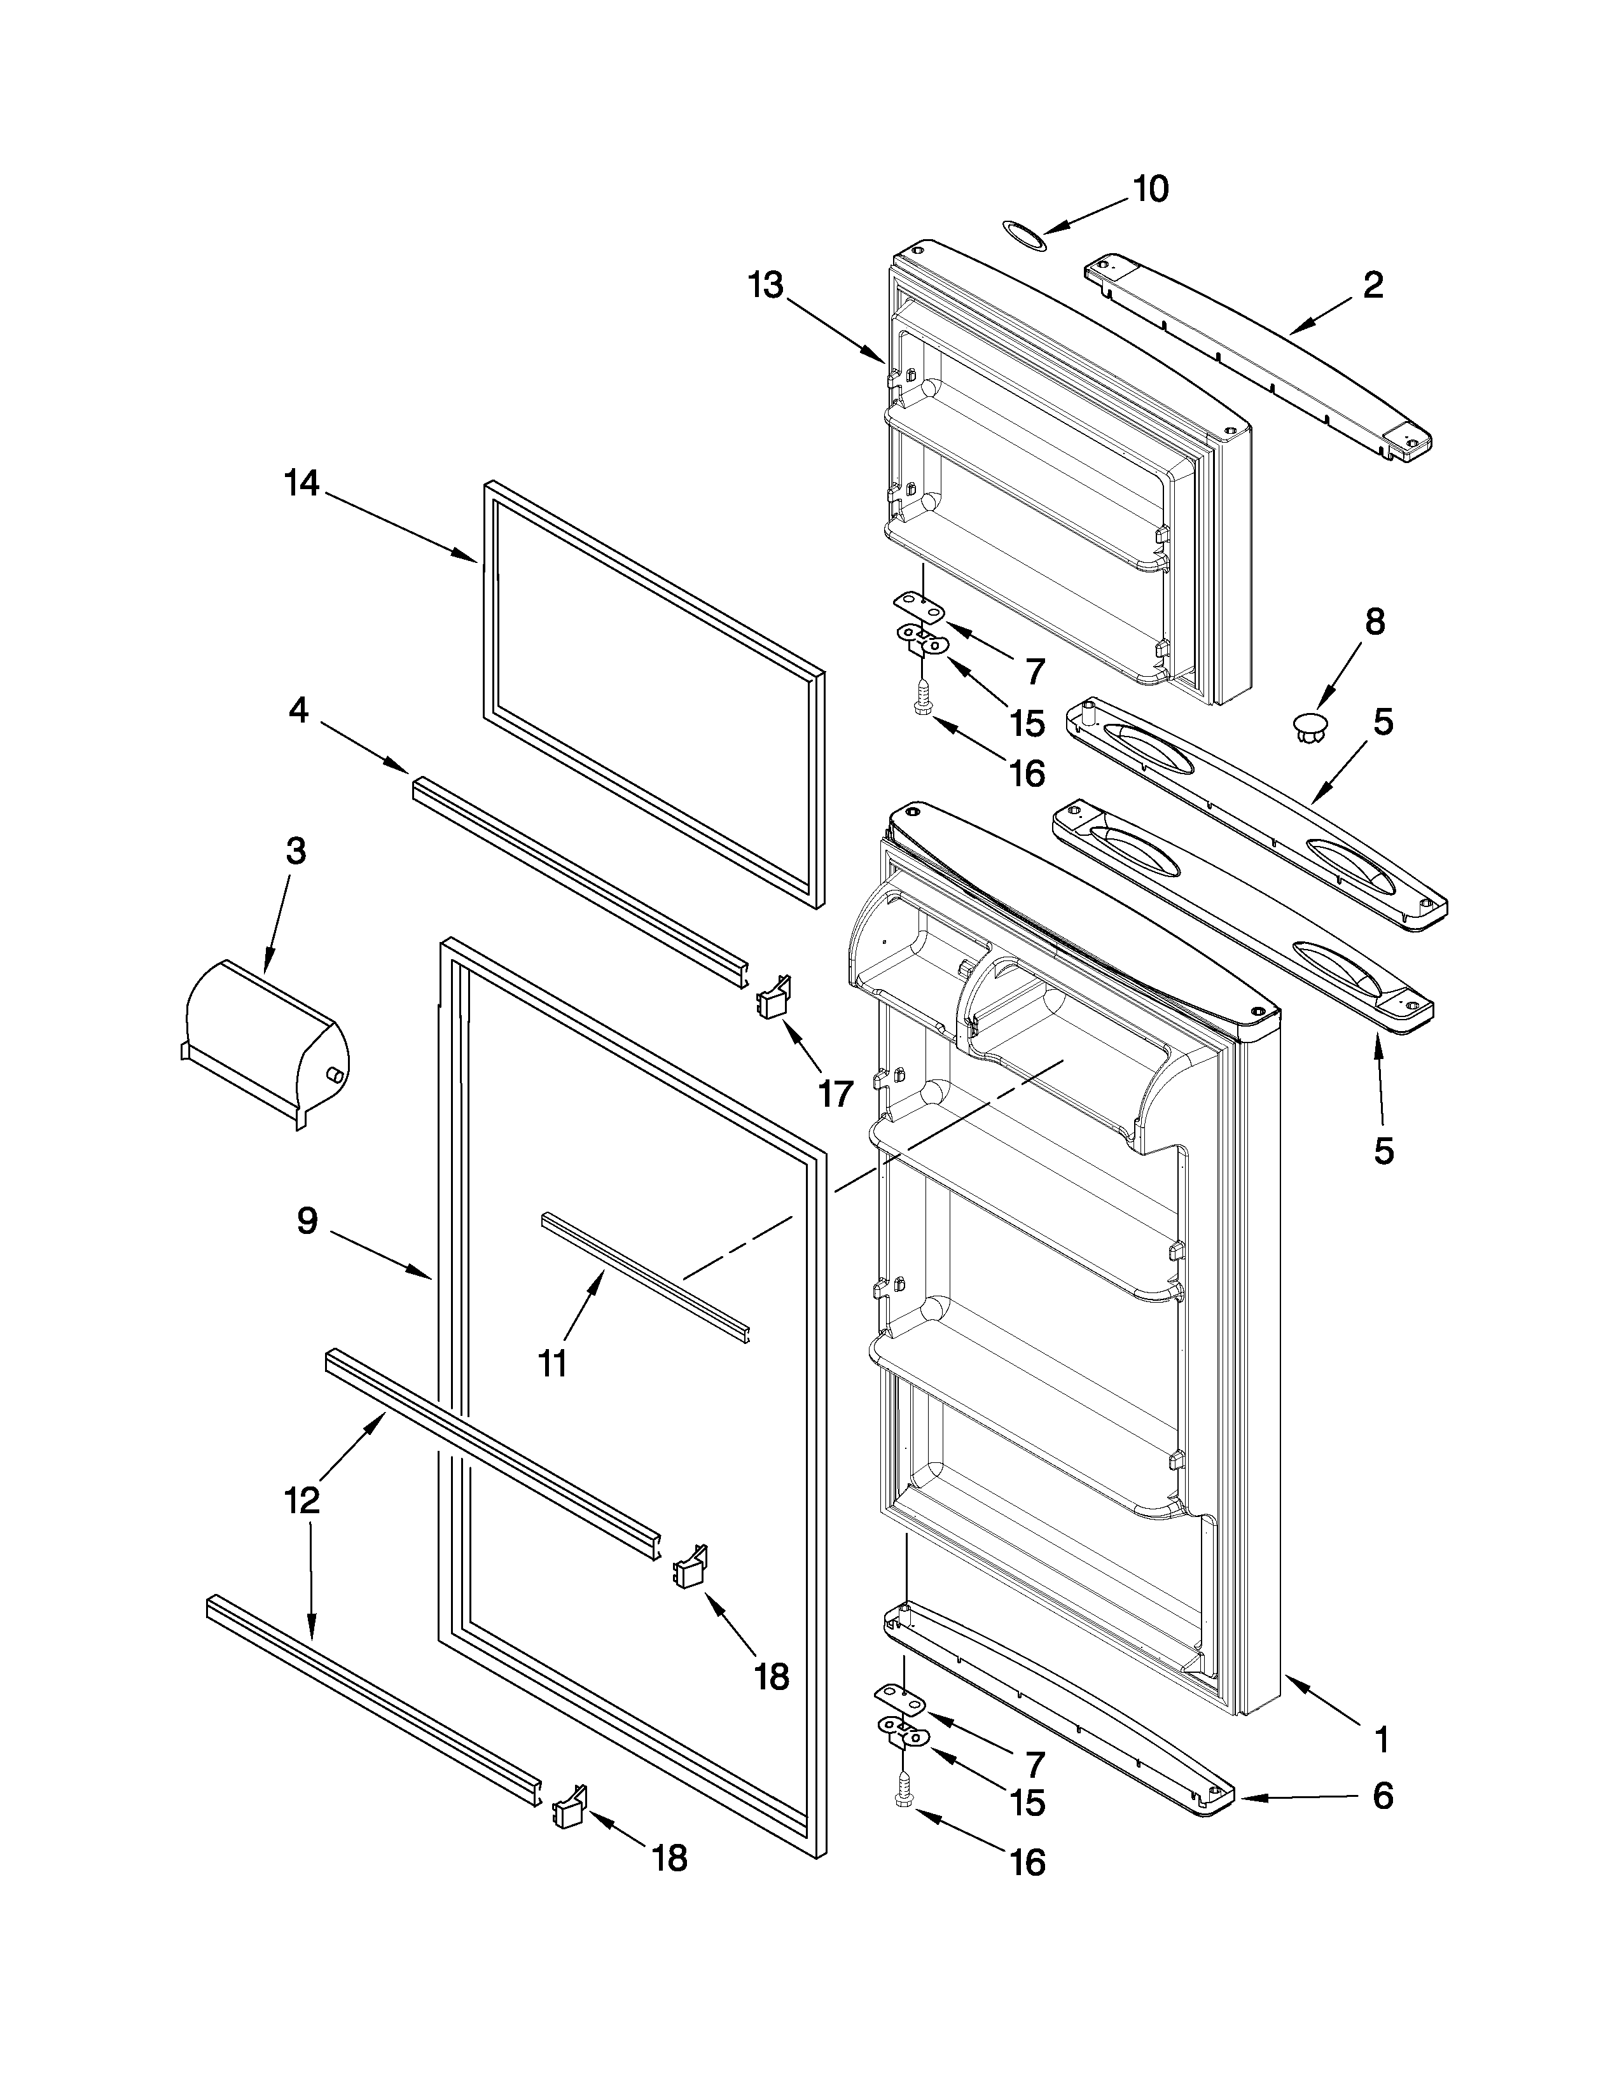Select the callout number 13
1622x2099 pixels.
pos(766,286)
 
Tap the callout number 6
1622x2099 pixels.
pos(1382,1796)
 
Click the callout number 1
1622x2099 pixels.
pos(1382,1738)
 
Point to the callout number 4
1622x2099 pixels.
pos(299,711)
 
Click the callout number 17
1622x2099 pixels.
pos(835,1093)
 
